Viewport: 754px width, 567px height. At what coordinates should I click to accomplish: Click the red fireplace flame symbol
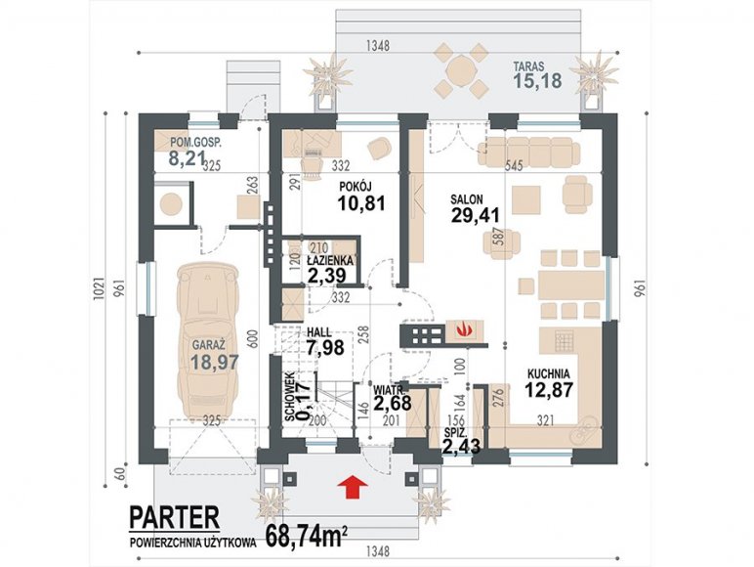[x=464, y=330]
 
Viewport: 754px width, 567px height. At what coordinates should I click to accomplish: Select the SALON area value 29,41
[x=476, y=215]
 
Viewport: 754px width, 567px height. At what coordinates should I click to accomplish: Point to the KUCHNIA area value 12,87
[x=549, y=389]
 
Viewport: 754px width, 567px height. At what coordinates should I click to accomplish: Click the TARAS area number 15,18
[x=537, y=80]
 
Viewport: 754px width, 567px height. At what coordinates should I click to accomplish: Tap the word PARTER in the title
[x=175, y=517]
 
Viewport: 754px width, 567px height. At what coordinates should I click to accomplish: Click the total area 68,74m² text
[x=307, y=536]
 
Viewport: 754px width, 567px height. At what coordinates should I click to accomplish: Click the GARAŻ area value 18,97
[x=215, y=362]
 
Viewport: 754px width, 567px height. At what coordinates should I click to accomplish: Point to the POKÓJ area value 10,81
[x=361, y=203]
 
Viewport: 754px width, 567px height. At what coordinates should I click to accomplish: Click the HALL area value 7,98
[x=325, y=346]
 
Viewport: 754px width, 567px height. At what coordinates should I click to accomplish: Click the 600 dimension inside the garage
[x=254, y=341]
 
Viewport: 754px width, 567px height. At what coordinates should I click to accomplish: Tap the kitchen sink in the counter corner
[x=584, y=430]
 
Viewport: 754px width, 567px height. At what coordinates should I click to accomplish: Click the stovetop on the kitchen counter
[x=563, y=341]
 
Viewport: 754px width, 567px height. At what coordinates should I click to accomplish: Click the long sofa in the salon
[x=528, y=152]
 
